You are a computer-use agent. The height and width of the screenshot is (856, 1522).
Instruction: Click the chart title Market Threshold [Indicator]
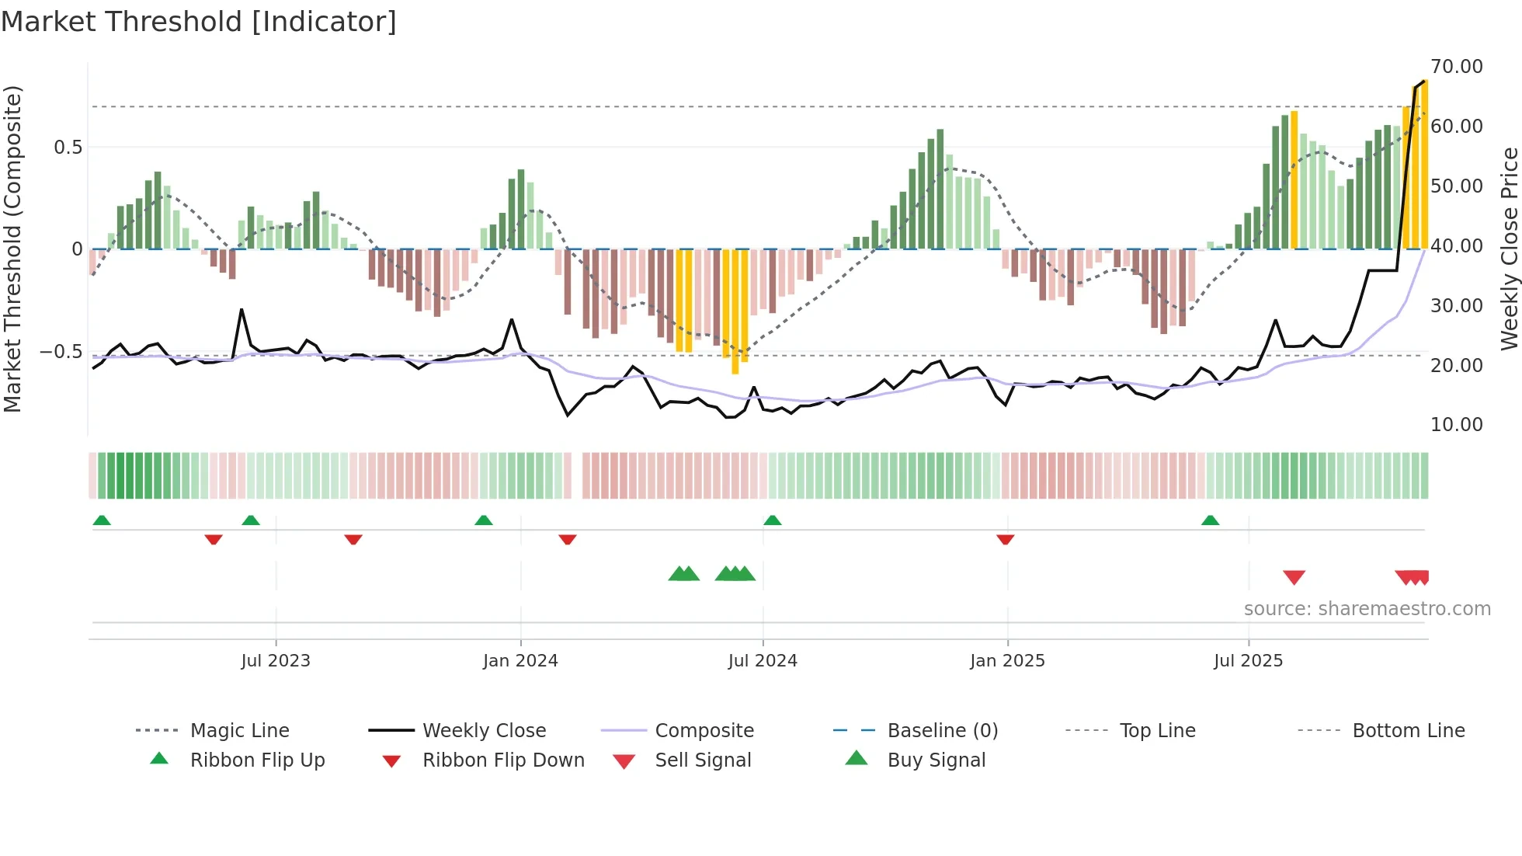[199, 22]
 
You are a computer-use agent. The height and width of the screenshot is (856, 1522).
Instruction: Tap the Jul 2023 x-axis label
[276, 661]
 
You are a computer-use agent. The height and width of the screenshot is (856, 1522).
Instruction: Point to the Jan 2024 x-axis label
[520, 661]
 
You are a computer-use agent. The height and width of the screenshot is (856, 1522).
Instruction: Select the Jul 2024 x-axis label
[763, 661]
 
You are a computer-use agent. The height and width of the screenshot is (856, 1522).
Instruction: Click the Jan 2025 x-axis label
[1007, 661]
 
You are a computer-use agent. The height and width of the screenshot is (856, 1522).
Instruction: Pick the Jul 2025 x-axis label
[1248, 661]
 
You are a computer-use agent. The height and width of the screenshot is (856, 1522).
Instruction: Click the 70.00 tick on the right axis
[1457, 67]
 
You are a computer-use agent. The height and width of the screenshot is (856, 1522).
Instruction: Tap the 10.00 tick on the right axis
[1457, 425]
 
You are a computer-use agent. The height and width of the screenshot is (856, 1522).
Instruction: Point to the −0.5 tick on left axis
[61, 352]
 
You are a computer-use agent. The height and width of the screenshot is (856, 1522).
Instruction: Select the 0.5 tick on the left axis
[68, 148]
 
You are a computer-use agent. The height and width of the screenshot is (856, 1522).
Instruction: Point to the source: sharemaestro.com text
[1367, 609]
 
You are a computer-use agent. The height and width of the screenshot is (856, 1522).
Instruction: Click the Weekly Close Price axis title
[1509, 249]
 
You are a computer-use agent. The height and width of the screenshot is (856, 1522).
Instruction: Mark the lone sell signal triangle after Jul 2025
[1294, 577]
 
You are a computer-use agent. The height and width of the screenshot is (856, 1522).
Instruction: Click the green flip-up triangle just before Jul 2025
[1210, 520]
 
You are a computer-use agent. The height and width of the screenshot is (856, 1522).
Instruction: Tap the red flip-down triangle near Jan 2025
[1005, 539]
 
